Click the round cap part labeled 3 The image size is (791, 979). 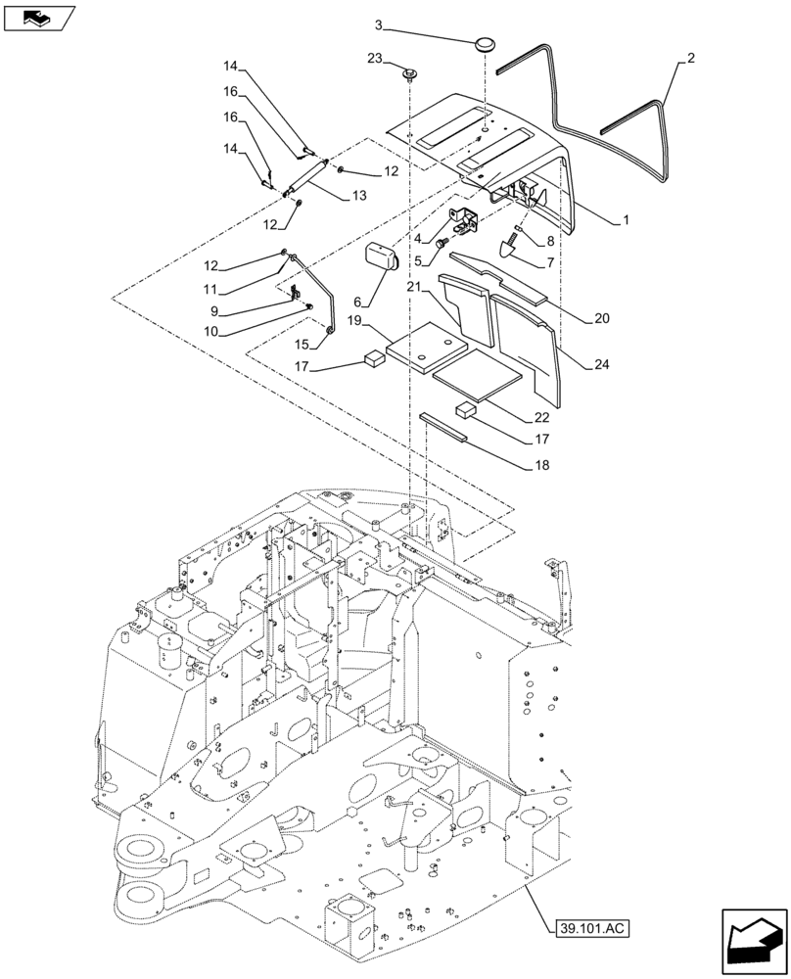tap(484, 44)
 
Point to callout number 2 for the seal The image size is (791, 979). tap(691, 59)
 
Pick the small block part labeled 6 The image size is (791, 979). tap(381, 257)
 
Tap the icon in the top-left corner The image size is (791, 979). tap(39, 17)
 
